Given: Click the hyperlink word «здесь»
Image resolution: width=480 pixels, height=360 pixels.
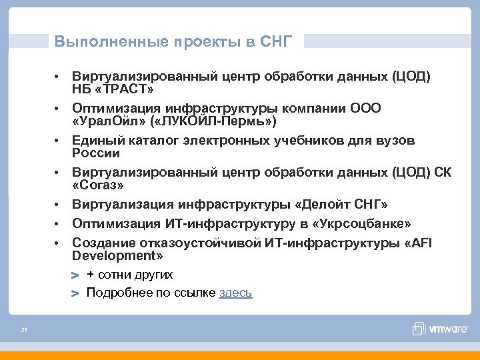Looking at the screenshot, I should [235, 293].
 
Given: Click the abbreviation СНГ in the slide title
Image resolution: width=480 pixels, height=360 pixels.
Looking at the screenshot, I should [276, 42].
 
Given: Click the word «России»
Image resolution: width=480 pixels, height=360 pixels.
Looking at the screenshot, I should [96, 153].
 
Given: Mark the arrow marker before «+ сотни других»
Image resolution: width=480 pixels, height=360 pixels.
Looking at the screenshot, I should [75, 275].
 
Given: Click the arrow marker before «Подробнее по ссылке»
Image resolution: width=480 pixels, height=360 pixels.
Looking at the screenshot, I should [75, 293].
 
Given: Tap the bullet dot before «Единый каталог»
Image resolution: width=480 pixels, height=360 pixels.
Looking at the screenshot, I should [59, 141].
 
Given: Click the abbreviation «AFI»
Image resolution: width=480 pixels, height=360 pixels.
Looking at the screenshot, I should [419, 242].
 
